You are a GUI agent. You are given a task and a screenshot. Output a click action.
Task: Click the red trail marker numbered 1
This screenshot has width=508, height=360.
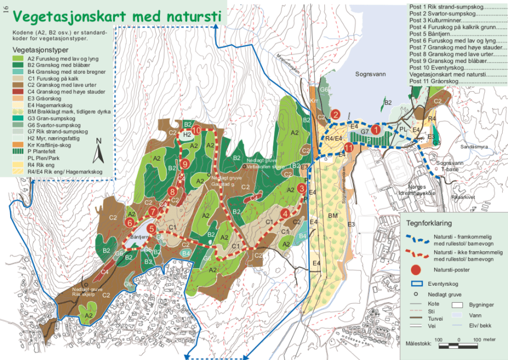tap(375, 129)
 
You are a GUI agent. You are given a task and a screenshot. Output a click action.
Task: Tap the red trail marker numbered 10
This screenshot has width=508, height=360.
tap(196, 130)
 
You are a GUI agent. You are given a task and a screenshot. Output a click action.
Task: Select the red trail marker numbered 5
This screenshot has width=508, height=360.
tap(151, 229)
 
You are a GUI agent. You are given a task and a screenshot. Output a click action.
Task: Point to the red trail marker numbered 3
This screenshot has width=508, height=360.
tap(301, 188)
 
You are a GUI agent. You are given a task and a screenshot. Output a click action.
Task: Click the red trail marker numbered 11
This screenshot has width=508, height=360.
tap(348, 147)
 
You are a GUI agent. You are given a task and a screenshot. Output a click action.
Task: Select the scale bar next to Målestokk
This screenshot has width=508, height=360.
tap(455, 346)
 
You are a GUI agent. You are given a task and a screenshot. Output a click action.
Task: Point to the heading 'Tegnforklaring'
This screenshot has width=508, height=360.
tap(432, 223)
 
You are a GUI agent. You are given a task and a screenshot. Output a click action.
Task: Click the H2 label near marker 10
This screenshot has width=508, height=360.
tap(186, 135)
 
